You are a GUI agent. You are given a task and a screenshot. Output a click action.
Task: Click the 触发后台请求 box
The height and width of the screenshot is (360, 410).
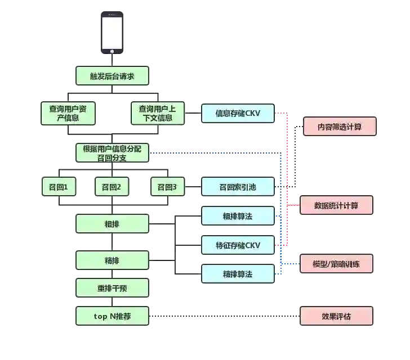tap(112, 76)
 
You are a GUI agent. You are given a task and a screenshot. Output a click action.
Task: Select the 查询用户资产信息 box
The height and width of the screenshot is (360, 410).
tap(68, 113)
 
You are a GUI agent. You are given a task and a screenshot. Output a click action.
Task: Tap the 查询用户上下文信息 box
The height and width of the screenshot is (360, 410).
tap(157, 113)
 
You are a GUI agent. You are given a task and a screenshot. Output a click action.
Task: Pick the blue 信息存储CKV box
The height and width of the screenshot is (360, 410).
tap(237, 113)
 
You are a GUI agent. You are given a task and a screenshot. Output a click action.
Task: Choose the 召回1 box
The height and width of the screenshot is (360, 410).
tap(59, 187)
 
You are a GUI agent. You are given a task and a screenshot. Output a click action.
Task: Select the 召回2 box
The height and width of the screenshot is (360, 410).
tap(112, 187)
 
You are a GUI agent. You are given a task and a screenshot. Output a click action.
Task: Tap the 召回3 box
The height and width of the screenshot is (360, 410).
tap(167, 187)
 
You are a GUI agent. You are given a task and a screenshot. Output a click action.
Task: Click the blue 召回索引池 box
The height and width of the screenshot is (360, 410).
tap(237, 187)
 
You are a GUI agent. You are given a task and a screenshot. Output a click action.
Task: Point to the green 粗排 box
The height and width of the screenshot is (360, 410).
tap(112, 223)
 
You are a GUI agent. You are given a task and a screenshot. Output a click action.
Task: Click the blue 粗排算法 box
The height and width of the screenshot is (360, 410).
tap(237, 215)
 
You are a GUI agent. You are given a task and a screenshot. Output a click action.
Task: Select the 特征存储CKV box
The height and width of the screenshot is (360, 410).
tap(237, 245)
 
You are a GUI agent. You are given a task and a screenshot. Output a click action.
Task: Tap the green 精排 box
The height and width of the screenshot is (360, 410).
tap(112, 260)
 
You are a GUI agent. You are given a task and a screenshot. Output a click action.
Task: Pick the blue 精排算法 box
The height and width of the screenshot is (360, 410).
tap(237, 274)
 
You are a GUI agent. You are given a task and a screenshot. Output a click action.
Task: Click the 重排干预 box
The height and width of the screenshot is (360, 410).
tap(112, 289)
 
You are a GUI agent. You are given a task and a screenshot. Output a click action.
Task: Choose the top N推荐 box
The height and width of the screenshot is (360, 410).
tap(112, 316)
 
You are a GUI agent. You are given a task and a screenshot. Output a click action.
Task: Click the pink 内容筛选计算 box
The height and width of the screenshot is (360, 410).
tap(339, 127)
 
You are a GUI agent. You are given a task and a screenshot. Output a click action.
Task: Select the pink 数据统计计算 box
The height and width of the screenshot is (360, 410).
tap(336, 205)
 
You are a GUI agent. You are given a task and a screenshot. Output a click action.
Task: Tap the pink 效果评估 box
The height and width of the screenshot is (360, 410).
tap(336, 316)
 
